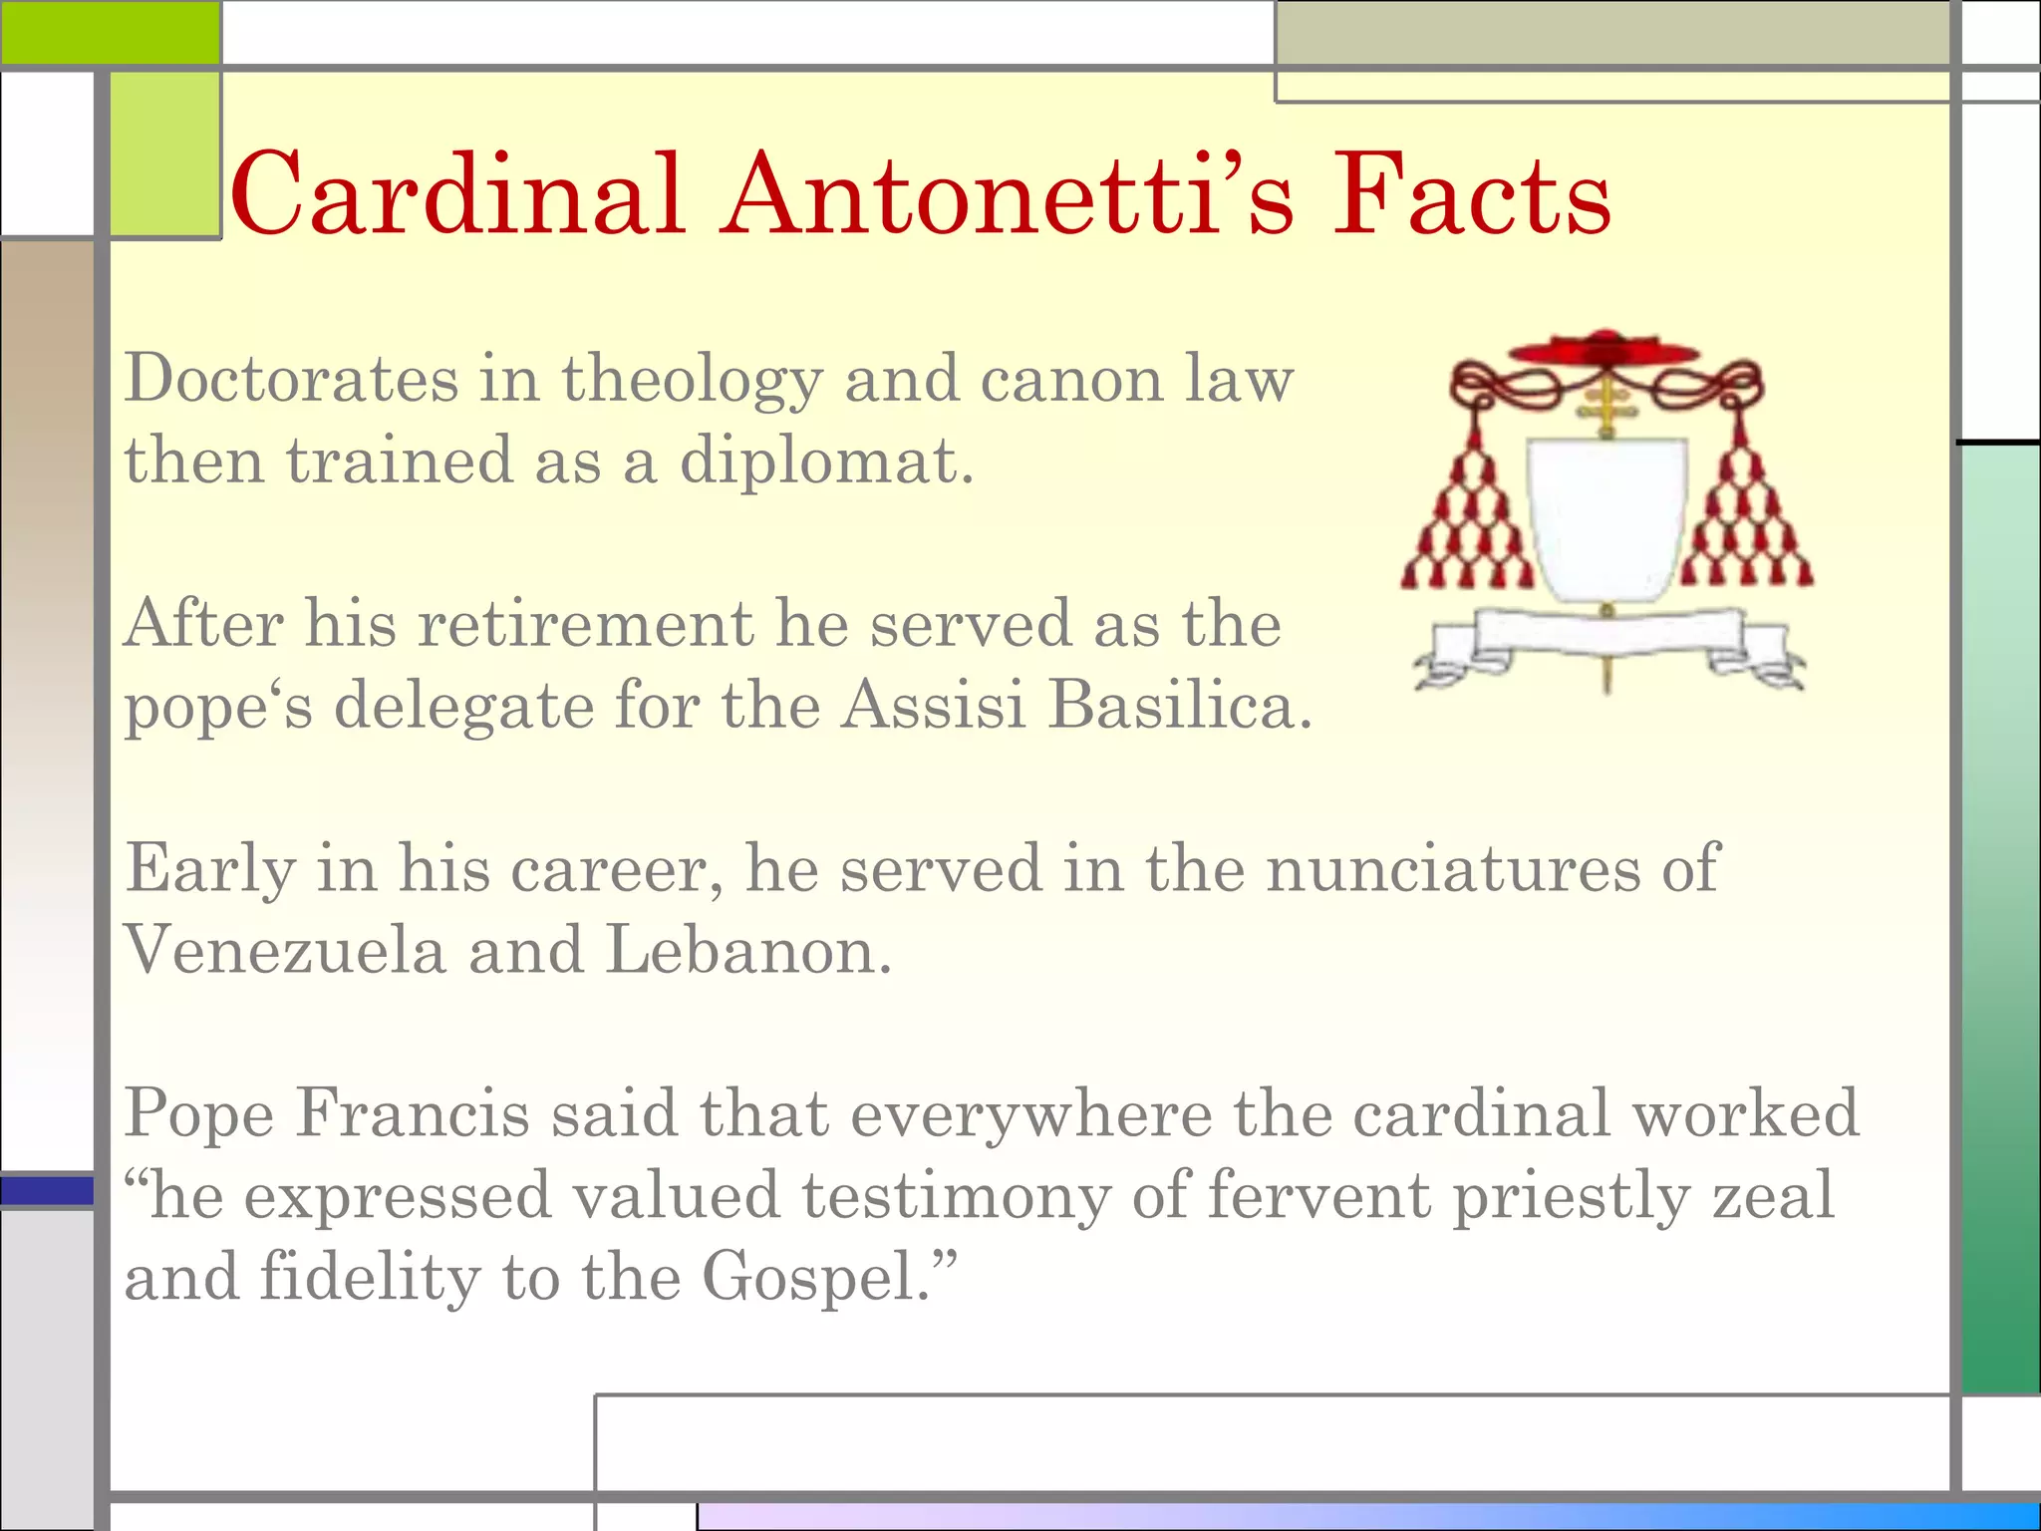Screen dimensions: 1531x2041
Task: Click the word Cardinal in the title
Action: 456,194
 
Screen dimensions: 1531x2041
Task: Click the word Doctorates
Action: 292,380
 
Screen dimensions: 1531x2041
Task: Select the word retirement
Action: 585,625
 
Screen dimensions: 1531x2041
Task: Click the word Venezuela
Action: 285,950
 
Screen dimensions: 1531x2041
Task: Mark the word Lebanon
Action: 747,950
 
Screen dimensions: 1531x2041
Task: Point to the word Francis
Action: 412,1113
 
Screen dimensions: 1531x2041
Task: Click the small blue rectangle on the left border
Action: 47,1191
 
